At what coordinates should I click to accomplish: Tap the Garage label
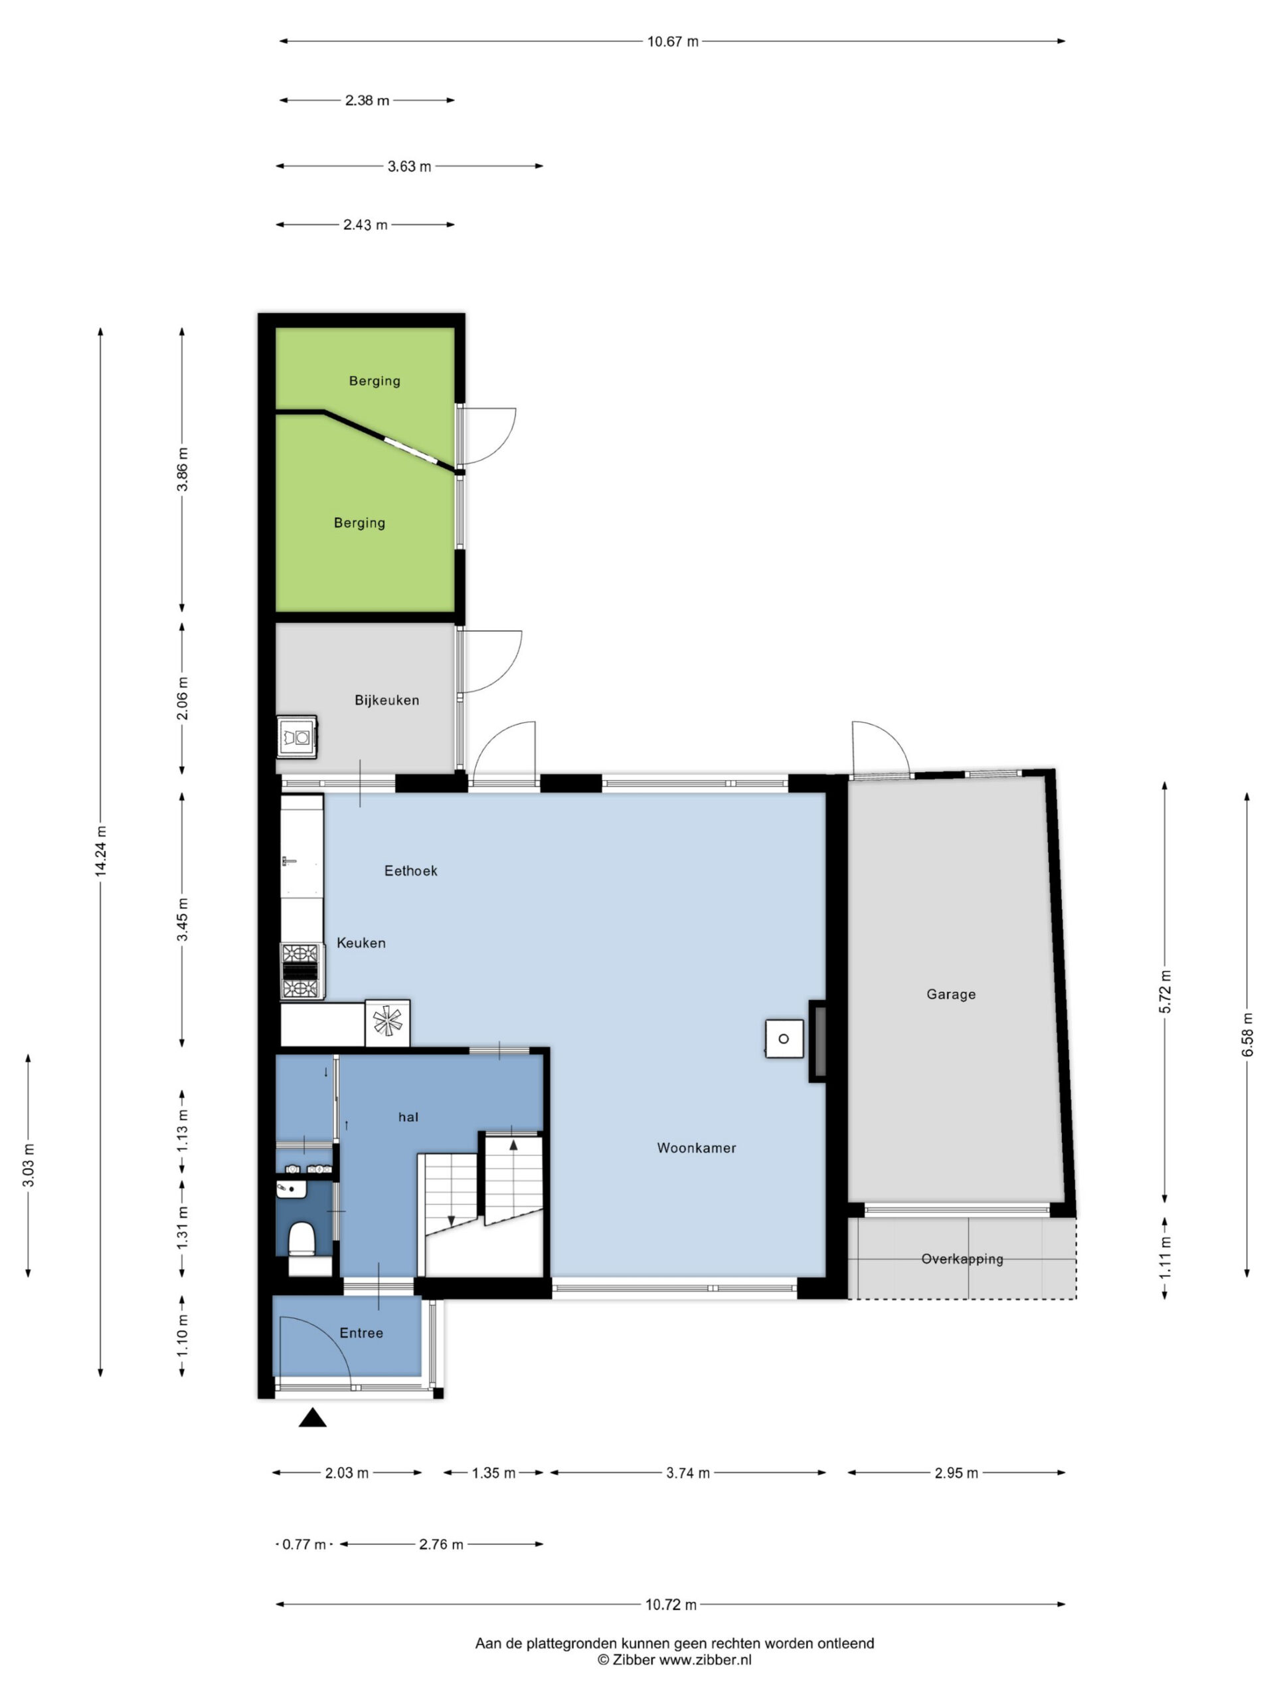951,994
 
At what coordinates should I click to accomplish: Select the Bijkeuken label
386,700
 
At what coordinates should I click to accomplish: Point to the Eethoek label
410,870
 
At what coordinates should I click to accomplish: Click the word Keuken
361,943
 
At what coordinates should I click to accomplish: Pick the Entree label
361,1334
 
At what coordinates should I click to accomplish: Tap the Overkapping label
962,1260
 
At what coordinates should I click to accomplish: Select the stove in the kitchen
301,971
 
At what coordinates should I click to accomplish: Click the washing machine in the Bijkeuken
297,737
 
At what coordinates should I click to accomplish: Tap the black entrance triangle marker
312,1418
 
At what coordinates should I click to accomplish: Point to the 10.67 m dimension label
673,41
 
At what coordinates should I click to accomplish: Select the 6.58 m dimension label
1247,1035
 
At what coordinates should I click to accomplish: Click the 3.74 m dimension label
688,1472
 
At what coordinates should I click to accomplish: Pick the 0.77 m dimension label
304,1544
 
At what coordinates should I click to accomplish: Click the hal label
408,1118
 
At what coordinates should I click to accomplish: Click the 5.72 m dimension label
1165,992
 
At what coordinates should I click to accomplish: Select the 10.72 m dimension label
671,1605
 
